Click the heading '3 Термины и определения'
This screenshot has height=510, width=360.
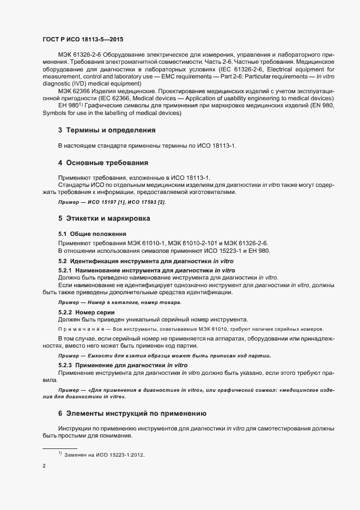(x=107, y=130)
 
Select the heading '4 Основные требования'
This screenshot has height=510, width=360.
(x=103, y=163)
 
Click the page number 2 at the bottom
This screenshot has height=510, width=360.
(x=44, y=466)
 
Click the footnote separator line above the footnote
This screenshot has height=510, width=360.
(x=59, y=448)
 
